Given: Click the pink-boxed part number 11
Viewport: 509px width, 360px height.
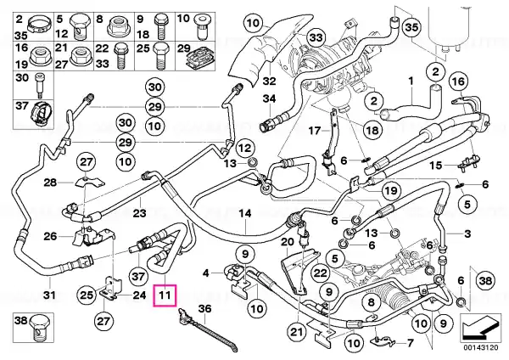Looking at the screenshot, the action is click(x=165, y=295).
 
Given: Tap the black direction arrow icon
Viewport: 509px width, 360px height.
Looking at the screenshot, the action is click(x=480, y=329).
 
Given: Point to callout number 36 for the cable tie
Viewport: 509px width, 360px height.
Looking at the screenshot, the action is click(x=205, y=308).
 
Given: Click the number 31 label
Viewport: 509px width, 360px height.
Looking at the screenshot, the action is click(x=49, y=295).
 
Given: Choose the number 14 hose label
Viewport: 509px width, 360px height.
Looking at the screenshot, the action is click(x=245, y=213).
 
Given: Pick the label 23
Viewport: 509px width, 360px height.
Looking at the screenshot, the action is click(x=140, y=213).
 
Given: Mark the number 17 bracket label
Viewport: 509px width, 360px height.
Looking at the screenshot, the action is click(x=314, y=131).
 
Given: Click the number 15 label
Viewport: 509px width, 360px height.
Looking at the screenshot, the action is click(x=436, y=165).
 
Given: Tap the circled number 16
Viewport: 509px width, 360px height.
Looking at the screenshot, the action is click(x=458, y=82).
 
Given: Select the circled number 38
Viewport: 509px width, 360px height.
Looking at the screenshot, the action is click(x=485, y=280).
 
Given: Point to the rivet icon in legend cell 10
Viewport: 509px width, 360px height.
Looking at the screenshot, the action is click(x=199, y=25).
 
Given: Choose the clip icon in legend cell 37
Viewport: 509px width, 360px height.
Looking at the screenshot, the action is click(x=41, y=113).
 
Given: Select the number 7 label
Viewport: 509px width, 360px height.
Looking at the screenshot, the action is click(x=410, y=343).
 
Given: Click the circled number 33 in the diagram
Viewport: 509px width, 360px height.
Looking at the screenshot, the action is click(x=316, y=37).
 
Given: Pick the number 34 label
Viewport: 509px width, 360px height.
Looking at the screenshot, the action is click(x=269, y=98).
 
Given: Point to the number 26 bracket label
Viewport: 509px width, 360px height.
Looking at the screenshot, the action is click(x=50, y=236).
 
